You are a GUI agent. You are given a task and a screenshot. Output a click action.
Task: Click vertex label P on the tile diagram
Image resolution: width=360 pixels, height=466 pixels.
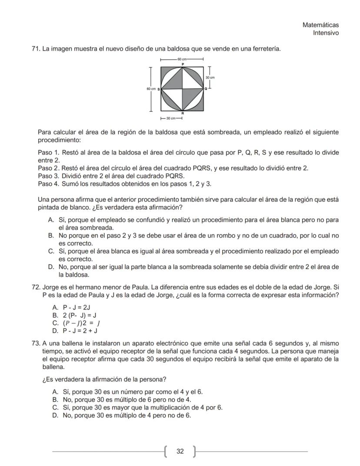click(183, 64)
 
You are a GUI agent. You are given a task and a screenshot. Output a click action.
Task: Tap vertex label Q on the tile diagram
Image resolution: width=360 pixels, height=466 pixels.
click(206, 89)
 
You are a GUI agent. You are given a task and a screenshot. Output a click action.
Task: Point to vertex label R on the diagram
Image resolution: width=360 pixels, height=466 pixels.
click(183, 113)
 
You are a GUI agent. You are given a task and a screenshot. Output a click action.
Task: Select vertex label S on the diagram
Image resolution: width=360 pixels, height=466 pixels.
click(158, 89)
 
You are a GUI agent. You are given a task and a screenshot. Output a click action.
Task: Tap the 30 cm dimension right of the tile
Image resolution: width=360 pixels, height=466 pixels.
click(210, 77)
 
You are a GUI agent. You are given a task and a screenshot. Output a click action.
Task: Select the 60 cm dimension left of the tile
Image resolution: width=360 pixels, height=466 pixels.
click(150, 89)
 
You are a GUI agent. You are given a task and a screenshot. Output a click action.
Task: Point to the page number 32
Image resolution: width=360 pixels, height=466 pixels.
click(180, 452)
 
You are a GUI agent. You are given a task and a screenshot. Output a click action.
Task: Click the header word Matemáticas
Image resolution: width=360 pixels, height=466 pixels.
click(320, 25)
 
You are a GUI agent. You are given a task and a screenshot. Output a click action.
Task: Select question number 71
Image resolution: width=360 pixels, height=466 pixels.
click(36, 49)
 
